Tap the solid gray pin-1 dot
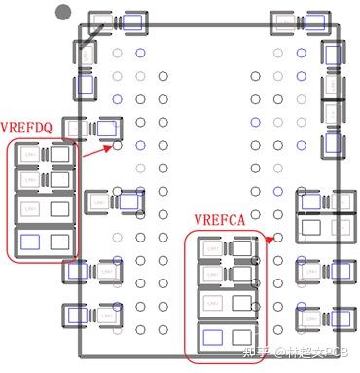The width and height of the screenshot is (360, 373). coord(64,13)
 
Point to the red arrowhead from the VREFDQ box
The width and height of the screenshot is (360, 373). coord(110,148)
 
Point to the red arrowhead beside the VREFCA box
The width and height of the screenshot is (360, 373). coord(269,237)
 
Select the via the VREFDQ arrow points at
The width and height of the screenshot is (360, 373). coord(118,146)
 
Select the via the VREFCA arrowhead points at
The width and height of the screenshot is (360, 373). coord(277,237)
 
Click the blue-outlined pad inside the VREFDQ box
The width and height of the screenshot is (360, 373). coord(29,241)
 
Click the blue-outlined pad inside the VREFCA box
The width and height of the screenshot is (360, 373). coord(211,338)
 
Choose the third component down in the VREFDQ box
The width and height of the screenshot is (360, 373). coord(44,208)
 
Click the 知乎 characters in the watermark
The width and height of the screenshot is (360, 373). coord(251,354)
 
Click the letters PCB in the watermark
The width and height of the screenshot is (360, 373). coord(335,354)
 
